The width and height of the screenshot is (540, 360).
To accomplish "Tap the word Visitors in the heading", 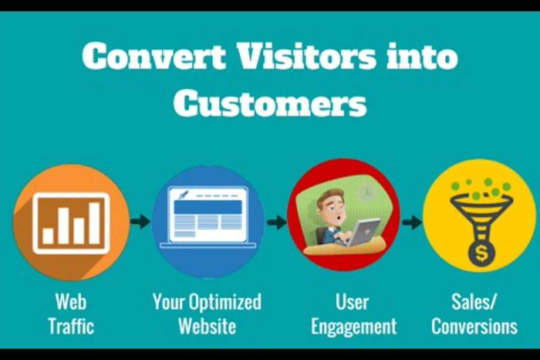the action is (x=307, y=55).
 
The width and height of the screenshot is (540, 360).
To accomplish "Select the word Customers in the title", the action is (x=269, y=103).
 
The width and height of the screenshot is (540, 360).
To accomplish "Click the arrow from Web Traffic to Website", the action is (x=140, y=222).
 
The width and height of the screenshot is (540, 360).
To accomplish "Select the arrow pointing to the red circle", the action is (x=277, y=222).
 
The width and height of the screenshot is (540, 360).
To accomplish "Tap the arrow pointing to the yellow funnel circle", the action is (x=412, y=222).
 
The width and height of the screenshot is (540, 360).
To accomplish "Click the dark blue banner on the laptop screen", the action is (x=208, y=207).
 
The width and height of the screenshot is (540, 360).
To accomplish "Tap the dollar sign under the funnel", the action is (x=481, y=255).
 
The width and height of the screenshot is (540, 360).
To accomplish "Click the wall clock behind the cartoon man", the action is (x=366, y=191).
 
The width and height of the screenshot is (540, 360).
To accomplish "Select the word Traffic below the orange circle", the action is (x=71, y=326).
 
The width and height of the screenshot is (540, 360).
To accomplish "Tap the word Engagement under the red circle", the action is (x=354, y=327).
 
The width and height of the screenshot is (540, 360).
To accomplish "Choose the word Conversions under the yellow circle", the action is (x=474, y=326).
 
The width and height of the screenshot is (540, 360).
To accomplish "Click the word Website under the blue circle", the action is (x=207, y=326).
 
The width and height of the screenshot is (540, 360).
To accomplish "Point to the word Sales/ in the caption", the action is (x=474, y=302).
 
